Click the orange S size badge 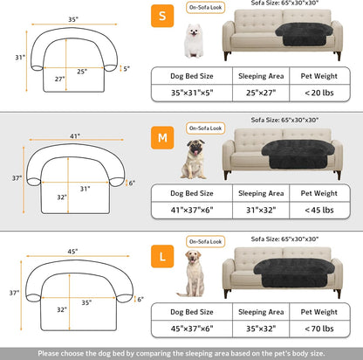(162, 17)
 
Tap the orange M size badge (162, 137)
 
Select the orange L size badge (162, 257)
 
